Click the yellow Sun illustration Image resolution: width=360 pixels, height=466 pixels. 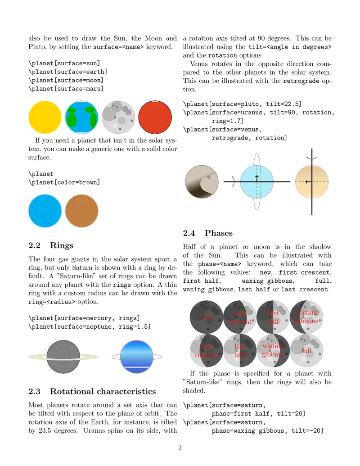[45, 118]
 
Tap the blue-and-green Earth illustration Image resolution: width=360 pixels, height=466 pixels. [81, 118]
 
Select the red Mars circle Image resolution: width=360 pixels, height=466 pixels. [155, 118]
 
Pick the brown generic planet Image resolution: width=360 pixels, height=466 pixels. [82, 211]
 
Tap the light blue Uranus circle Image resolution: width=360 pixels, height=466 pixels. [257, 181]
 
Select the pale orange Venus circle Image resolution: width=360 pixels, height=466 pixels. [312, 181]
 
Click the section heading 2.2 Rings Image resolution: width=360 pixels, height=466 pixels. [51, 245]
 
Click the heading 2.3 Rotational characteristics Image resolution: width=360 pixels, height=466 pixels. [92, 391]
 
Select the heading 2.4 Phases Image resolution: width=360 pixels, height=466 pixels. [208, 233]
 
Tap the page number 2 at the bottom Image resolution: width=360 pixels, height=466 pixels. [180, 448]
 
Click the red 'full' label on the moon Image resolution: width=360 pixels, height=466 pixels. [306, 351]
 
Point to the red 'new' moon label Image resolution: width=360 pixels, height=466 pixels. [206, 317]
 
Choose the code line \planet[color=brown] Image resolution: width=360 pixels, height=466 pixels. [64, 182]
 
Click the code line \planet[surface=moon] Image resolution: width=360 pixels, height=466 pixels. [66, 80]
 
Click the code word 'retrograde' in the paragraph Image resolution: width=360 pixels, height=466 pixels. [301, 81]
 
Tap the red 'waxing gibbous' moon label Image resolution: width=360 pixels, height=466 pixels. [306, 317]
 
